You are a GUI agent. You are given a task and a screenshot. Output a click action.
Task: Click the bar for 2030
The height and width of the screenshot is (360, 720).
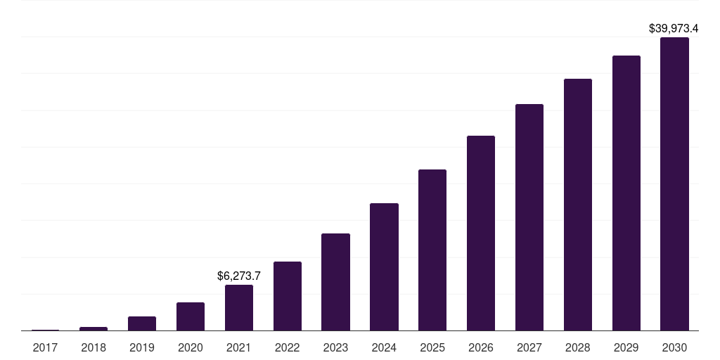click(674, 184)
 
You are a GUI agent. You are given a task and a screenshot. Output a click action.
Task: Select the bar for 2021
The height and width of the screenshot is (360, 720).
click(239, 308)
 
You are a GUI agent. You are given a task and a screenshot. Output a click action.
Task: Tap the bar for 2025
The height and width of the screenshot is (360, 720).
click(432, 250)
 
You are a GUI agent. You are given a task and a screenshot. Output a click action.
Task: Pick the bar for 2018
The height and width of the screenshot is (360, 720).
click(94, 329)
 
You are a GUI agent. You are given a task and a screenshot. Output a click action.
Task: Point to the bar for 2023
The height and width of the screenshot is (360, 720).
click(335, 282)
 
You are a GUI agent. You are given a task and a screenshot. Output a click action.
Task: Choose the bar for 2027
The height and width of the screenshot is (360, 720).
click(529, 217)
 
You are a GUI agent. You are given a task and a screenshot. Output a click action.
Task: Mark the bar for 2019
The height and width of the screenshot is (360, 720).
click(142, 323)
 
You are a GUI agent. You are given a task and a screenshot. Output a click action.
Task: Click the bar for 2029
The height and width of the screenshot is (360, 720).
click(626, 193)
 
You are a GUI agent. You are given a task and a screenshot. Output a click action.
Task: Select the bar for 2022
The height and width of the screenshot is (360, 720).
click(288, 296)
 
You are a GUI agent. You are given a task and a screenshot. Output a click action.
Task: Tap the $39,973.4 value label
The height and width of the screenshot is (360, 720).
click(674, 28)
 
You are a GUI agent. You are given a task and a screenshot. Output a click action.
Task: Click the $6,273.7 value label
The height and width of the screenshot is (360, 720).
click(239, 276)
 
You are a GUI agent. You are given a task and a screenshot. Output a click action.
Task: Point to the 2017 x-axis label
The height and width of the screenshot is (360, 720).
click(45, 347)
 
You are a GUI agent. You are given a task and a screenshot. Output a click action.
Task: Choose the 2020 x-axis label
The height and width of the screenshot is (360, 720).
click(191, 347)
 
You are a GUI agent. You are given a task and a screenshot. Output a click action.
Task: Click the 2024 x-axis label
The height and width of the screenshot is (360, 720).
click(384, 347)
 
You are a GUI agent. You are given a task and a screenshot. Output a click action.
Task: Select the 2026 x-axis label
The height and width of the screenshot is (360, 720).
click(481, 347)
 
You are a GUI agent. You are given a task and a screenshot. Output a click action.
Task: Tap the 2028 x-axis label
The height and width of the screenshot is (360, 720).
click(578, 347)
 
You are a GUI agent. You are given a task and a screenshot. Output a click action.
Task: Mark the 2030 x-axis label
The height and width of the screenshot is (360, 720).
click(674, 347)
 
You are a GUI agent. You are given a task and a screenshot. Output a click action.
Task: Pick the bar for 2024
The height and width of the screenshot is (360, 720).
click(384, 266)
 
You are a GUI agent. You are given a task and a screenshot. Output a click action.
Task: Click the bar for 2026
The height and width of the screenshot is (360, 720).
click(481, 233)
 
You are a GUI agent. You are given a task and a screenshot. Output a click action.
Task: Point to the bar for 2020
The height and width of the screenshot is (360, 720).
click(191, 316)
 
